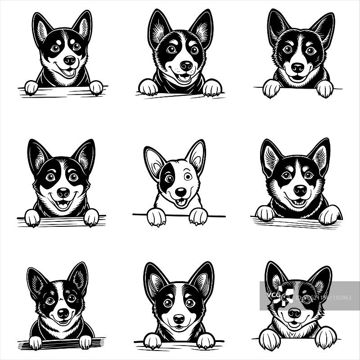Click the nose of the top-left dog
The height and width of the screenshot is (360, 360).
pos(69,60)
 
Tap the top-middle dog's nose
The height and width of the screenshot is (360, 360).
pos(186,66)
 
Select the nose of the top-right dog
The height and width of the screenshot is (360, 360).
pos(297,67)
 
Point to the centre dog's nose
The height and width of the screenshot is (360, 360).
pos(180,192)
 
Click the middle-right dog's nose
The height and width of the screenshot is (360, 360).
pos(300,190)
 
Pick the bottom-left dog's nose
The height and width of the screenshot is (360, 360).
pos(63,313)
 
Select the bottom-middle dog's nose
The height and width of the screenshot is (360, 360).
pos(179,319)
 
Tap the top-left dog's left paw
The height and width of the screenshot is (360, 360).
pos(31,87)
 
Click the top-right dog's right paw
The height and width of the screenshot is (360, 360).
pos(324,89)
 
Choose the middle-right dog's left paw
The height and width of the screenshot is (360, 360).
pos(265,213)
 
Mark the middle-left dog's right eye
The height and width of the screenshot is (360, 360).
pos(73,176)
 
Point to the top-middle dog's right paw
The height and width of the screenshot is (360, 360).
pos(212,88)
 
